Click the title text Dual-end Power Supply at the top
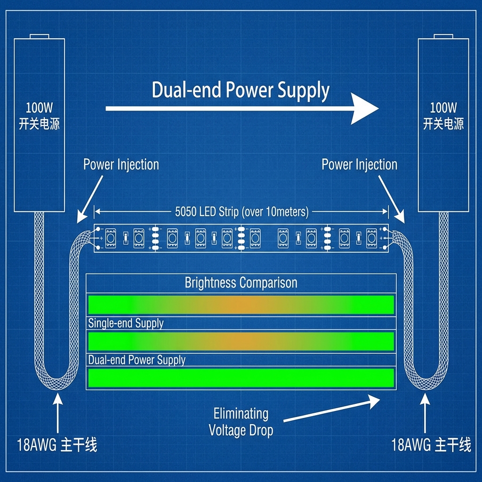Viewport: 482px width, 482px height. [241, 90]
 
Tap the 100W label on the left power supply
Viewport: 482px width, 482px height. [39, 108]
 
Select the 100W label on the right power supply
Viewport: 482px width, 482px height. [443, 108]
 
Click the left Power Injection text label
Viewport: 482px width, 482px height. [121, 165]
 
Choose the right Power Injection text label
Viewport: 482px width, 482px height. [359, 165]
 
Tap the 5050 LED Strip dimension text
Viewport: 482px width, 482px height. [241, 212]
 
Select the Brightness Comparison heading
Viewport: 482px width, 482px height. [241, 283]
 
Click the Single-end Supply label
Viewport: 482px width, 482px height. [126, 323]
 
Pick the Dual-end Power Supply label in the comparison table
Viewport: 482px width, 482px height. [137, 360]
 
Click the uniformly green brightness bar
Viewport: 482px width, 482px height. [241, 378]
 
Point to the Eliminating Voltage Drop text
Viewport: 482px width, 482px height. [241, 422]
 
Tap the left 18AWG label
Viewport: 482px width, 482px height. [57, 445]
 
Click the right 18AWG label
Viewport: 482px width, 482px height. [431, 445]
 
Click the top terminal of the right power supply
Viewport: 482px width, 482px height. [443, 36]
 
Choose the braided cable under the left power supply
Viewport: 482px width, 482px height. [40, 292]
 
